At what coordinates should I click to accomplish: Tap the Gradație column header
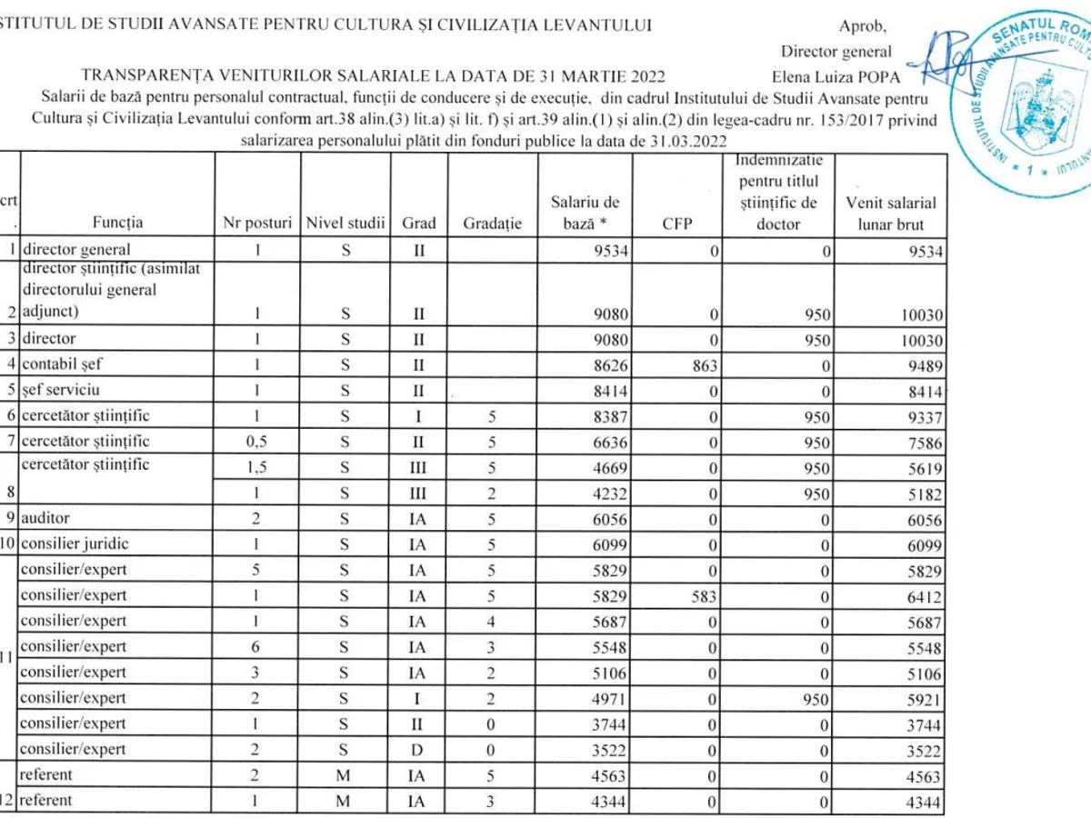(x=492, y=223)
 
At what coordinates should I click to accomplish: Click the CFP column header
(x=677, y=223)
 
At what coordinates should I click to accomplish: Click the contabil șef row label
(x=62, y=364)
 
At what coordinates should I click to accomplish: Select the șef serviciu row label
(x=61, y=390)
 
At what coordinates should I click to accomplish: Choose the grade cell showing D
(x=419, y=751)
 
